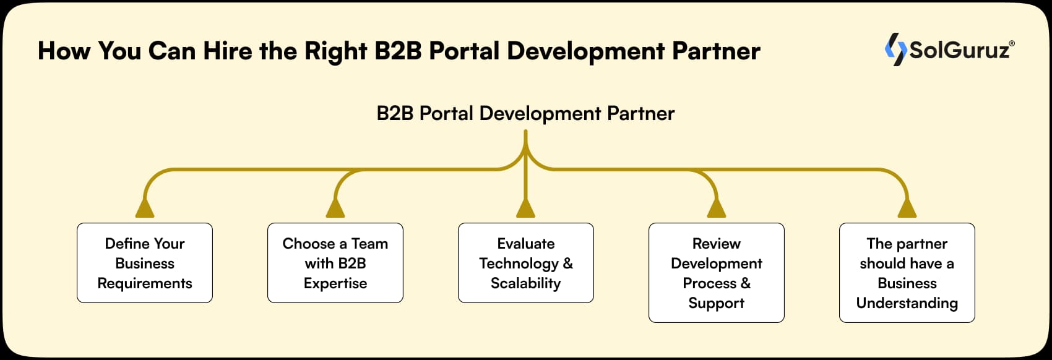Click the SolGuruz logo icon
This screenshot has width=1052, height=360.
tap(895, 49)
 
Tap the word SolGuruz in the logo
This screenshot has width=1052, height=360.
tap(959, 50)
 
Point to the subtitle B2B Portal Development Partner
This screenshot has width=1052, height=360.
tap(525, 113)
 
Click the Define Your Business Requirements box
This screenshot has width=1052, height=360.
tap(145, 263)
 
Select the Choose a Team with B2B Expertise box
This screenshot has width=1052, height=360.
tap(335, 263)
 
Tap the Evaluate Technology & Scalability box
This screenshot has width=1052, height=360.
tap(526, 263)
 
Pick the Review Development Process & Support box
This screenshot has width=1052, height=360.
tap(717, 273)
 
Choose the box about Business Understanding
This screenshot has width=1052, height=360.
tap(907, 273)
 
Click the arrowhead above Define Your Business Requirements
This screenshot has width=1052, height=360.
tap(145, 208)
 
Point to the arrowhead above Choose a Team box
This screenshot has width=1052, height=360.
tap(335, 208)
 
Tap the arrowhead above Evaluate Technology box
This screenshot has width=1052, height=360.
tap(525, 208)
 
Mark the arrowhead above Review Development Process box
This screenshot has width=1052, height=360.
tap(717, 208)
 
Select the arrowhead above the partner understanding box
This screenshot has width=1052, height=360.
tap(907, 208)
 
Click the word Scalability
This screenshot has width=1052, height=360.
tap(525, 283)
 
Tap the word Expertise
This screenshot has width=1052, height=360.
tap(335, 283)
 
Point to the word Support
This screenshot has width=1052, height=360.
tap(717, 303)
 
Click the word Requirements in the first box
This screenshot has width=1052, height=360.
tap(145, 283)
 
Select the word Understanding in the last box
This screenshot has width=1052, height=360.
tap(907, 303)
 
